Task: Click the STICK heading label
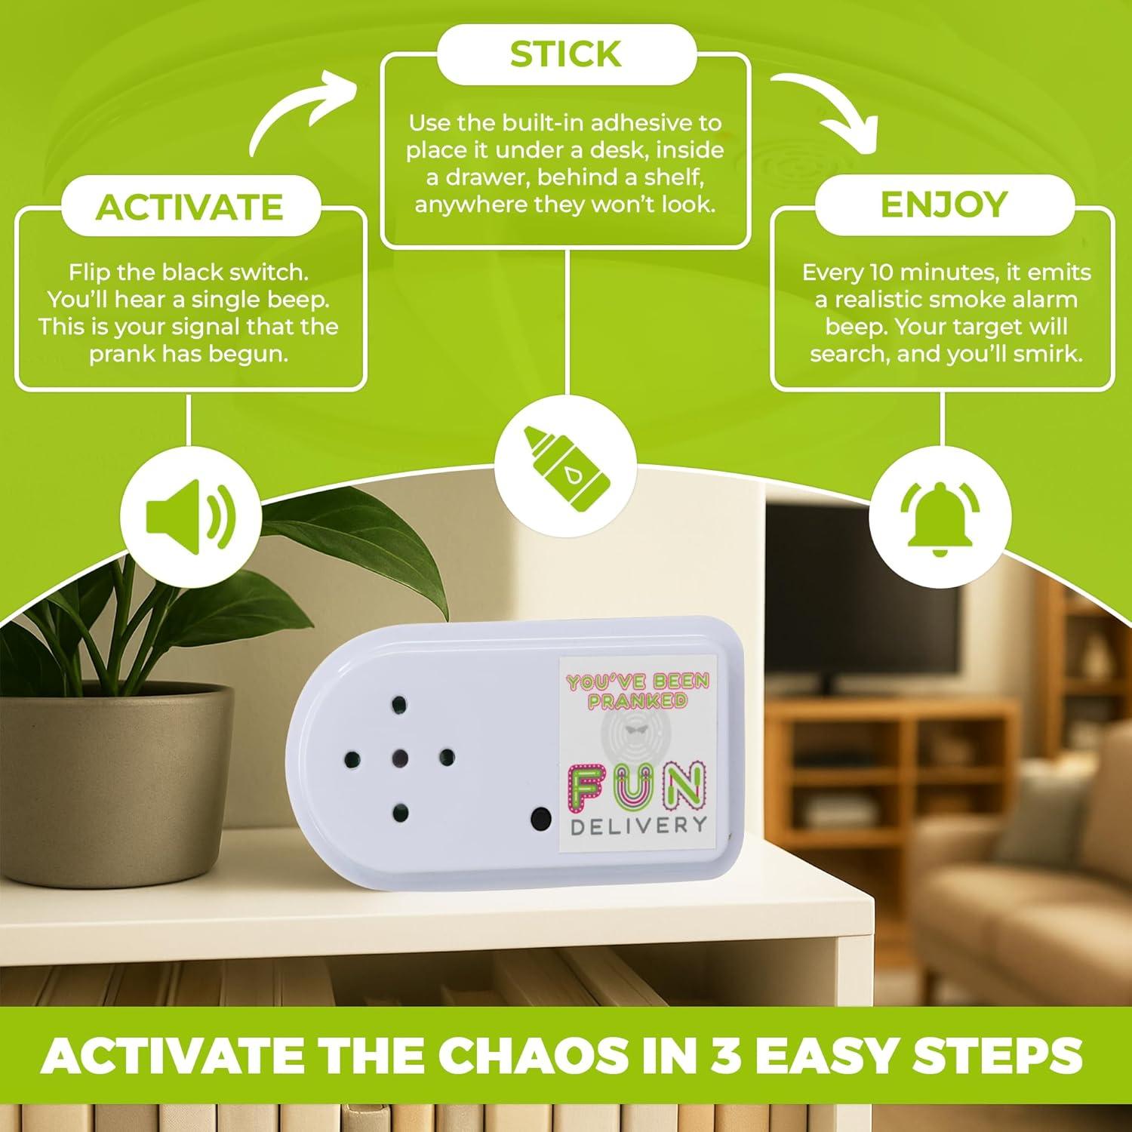(565, 54)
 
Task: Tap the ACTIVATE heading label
(189, 207)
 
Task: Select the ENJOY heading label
(943, 205)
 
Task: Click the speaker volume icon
(189, 517)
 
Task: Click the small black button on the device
(540, 817)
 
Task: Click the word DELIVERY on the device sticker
(638, 824)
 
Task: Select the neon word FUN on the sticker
(638, 785)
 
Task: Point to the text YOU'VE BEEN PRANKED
(638, 691)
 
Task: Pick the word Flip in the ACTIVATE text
(91, 272)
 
